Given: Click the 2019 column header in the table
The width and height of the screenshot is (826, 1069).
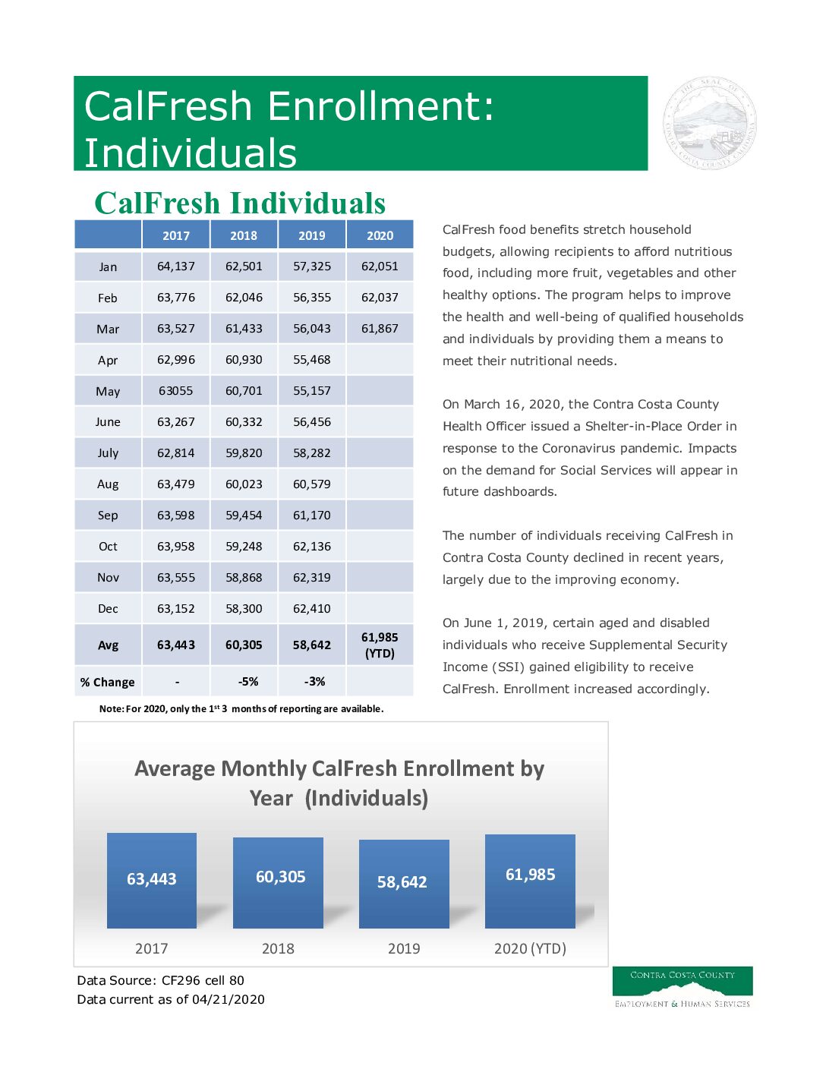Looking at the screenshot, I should (x=312, y=235).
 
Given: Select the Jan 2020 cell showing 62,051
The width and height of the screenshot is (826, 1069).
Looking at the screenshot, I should (x=380, y=266).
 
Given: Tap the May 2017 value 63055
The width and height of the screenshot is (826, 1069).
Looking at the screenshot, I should (x=176, y=391).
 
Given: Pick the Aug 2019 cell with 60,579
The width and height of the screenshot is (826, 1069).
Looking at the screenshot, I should (x=312, y=484).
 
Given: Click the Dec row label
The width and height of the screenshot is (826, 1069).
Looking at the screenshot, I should (x=108, y=609).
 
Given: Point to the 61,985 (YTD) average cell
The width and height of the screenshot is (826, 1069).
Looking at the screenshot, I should (x=380, y=645).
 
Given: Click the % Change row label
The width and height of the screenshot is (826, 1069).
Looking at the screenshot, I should (x=108, y=683).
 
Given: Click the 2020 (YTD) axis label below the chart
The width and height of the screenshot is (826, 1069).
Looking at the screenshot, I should (x=530, y=948).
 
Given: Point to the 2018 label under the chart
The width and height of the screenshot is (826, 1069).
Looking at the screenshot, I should (x=278, y=948).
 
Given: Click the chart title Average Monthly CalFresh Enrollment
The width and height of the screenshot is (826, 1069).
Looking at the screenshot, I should (x=339, y=783).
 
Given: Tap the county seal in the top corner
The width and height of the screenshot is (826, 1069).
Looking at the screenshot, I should (x=710, y=123).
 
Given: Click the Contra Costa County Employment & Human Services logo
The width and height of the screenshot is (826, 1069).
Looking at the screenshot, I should (x=682, y=987).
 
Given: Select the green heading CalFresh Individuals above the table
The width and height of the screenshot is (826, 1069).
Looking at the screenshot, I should (x=240, y=203).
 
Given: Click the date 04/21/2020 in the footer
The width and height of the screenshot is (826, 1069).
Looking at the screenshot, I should (x=229, y=999).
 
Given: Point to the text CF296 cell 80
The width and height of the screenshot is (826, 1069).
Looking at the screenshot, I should (x=203, y=980).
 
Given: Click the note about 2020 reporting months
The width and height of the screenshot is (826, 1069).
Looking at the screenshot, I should (x=241, y=709).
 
